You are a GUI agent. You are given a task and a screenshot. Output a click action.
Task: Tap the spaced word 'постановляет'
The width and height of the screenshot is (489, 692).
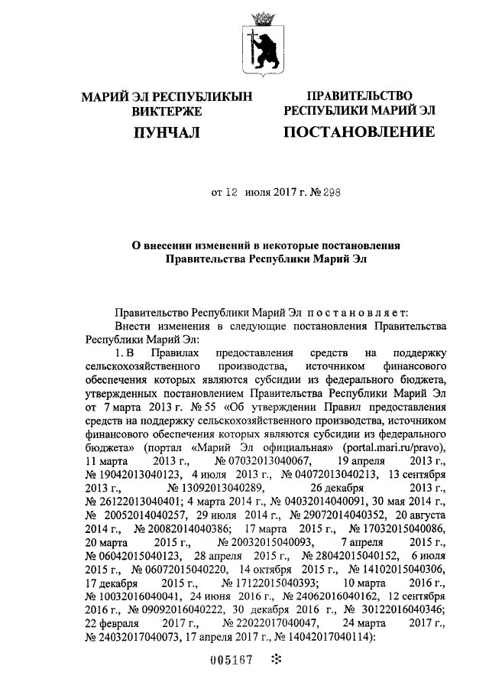coord(355,313)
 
